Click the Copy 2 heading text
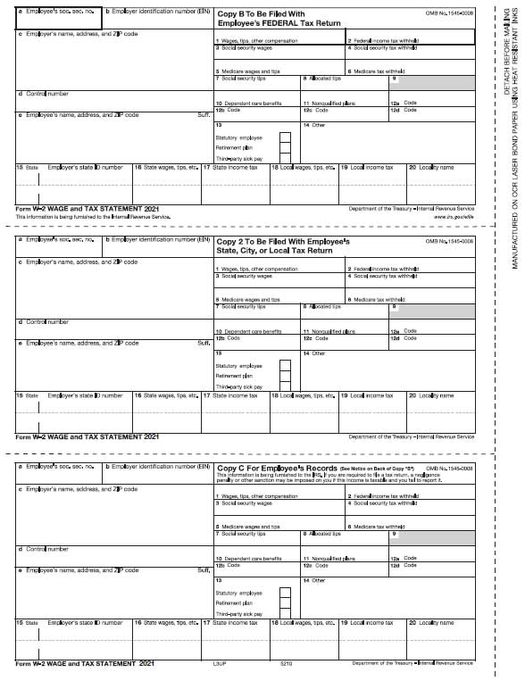click(283, 246)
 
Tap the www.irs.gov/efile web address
click(454, 216)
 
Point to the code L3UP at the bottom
click(220, 664)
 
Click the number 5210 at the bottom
click(286, 664)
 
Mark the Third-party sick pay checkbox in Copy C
click(285, 613)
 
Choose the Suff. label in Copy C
click(204, 569)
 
